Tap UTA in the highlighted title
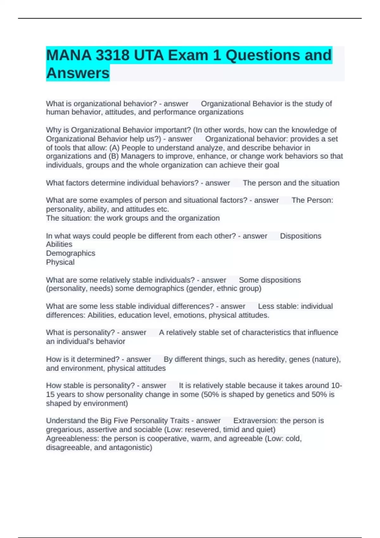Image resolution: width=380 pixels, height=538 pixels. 149,55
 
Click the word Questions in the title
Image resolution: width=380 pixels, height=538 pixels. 263,55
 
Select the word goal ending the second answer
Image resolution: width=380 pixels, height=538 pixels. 272,165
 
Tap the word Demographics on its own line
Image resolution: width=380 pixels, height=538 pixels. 71,253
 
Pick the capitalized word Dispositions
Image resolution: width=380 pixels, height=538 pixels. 301,236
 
